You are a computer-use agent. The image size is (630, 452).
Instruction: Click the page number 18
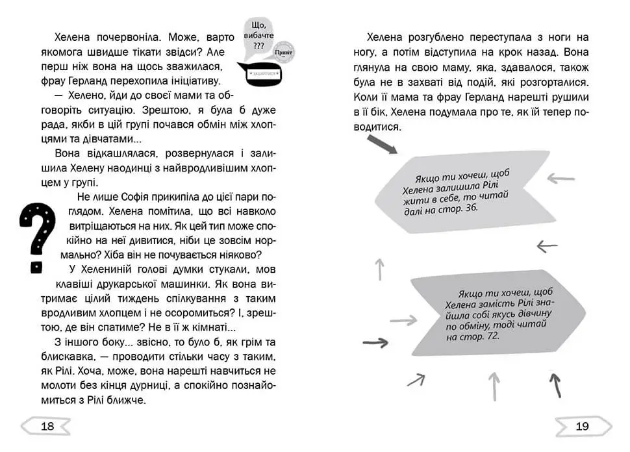click(47, 426)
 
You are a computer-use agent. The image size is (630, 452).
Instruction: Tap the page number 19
click(582, 426)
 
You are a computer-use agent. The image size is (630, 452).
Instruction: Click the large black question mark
click(38, 236)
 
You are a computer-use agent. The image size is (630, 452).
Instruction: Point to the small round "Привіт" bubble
click(284, 53)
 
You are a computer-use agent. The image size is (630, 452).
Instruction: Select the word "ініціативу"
click(193, 81)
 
